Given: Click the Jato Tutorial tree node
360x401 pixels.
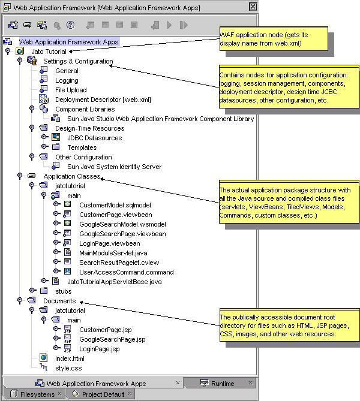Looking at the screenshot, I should coord(49,52).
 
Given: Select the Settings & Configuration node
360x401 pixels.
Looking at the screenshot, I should coord(77,61).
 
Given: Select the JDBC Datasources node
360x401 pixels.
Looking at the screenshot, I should coord(94,138).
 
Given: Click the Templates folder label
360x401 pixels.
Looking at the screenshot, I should coord(82,147).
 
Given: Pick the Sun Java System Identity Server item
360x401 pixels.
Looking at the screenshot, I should coord(114,167).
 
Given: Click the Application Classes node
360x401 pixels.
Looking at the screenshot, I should coord(71,176).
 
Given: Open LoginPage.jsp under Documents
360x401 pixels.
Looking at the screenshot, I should coord(100,348).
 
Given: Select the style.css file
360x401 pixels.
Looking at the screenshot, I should coord(68,367).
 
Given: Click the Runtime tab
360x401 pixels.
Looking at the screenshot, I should coord(222,383).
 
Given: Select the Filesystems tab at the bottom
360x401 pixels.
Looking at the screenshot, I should coord(37,394).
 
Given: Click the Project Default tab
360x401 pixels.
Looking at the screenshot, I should coord(103,394).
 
